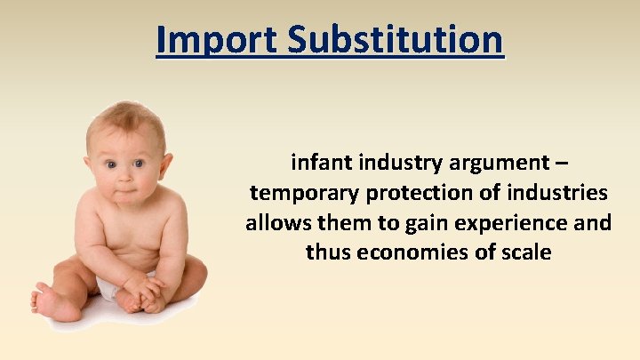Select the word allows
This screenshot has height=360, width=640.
pos(274,222)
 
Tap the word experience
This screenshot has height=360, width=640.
pos(523,222)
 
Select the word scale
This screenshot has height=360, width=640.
pos(526,252)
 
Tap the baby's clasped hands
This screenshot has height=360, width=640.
pos(142,289)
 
